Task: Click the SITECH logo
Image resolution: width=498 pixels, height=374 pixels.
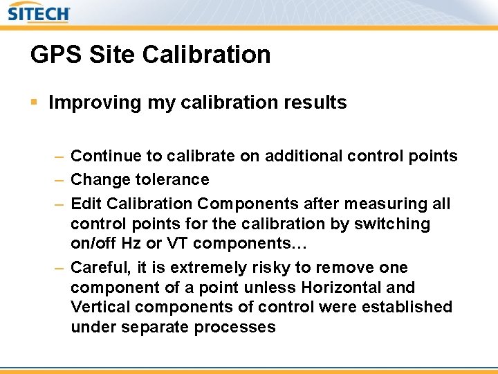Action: (39, 13)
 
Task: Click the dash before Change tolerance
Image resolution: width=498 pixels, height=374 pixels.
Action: (59, 180)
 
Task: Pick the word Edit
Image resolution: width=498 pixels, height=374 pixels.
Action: (84, 204)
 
